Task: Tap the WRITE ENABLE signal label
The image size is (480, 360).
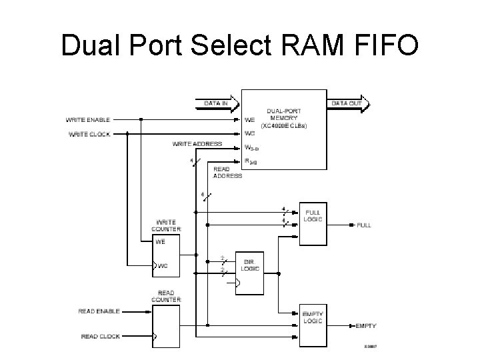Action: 87,120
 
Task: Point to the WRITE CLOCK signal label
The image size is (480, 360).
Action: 89,134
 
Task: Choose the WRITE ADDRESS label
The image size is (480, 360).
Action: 197,144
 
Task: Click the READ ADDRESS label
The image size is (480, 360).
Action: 227,173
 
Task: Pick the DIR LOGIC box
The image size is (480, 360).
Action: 251,268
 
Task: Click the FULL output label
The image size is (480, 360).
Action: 364,225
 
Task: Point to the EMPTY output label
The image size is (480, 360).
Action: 366,325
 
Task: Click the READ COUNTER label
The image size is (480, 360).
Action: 166,296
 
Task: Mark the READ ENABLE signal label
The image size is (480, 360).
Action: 99,311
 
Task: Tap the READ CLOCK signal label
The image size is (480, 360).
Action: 100,336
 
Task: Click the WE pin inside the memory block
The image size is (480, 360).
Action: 249,120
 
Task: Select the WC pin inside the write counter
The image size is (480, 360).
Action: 163,266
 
